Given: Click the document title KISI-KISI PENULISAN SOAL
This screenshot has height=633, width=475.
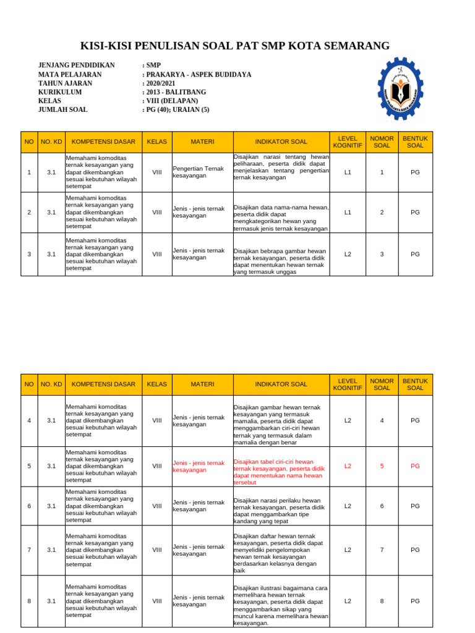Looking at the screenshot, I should [x=235, y=46].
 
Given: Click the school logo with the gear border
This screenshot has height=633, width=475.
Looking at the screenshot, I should [x=400, y=89].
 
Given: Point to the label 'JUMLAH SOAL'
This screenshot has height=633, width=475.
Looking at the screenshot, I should [x=63, y=109].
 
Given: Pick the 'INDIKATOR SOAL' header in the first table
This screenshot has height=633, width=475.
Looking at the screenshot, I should [x=281, y=142].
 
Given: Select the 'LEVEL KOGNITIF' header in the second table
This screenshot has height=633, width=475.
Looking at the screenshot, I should [x=348, y=384].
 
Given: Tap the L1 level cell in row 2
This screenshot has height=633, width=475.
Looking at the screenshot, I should [x=348, y=212].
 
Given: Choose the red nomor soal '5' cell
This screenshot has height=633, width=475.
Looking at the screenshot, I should [x=382, y=466].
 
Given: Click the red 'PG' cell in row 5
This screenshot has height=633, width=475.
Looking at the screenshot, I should [x=415, y=466].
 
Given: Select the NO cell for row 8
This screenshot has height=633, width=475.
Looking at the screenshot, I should [x=29, y=601].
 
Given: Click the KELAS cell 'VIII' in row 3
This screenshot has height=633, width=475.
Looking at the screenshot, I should [x=157, y=254].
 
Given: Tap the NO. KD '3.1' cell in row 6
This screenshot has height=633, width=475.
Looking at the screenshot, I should [x=51, y=506].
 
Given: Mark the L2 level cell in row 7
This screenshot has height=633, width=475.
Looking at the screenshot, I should [x=348, y=550].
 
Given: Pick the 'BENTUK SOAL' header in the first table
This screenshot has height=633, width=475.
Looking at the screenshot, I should [x=415, y=142].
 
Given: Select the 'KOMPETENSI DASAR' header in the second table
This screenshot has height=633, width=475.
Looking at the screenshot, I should [x=103, y=384].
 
